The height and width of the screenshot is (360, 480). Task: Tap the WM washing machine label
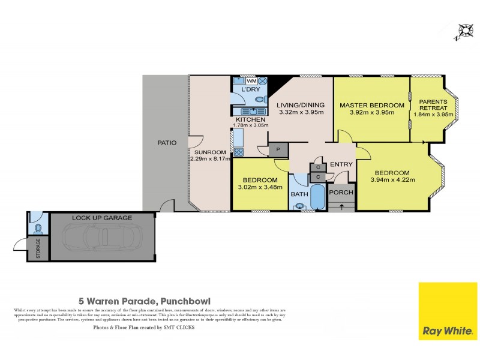click(x=252, y=80)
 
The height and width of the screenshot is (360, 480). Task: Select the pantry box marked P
click(x=278, y=149)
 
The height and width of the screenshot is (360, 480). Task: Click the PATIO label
click(x=166, y=143)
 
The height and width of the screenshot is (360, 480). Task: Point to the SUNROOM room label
click(x=209, y=152)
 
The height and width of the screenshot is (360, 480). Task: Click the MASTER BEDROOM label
click(x=372, y=105)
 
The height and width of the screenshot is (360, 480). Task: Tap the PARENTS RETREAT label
click(x=433, y=104)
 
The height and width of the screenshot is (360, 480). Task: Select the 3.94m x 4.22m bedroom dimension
click(x=393, y=179)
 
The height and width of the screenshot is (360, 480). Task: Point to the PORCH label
click(x=341, y=193)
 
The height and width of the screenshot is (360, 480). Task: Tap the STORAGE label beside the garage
click(x=38, y=248)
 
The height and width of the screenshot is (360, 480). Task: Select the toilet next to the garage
click(x=38, y=229)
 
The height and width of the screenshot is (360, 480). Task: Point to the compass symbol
click(x=464, y=31)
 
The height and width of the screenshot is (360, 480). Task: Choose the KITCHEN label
click(x=250, y=120)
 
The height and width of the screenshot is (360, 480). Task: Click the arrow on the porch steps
click(x=341, y=206)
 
